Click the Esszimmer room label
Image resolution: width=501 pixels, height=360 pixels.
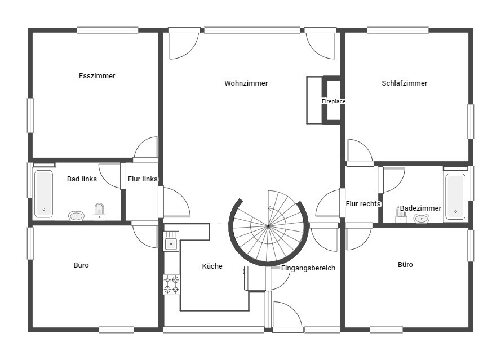pos(97,76)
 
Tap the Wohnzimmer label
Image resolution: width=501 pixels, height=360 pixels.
pos(246,83)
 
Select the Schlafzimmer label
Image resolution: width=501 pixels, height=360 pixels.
pos(405,83)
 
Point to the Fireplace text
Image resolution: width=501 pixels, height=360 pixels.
pos(334,101)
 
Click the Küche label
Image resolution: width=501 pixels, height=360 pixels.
pos(212,266)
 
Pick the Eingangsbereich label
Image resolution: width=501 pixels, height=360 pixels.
pos(308,268)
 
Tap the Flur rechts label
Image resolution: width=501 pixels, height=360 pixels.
pos(363,204)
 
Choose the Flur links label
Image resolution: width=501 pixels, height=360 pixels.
pos(143,179)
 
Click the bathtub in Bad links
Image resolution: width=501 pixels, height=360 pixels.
pos(44,194)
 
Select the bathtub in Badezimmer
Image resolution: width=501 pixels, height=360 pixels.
pos(455,197)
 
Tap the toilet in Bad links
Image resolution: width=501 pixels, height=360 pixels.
pos(99,212)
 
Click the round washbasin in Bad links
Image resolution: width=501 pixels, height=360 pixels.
pos(77,216)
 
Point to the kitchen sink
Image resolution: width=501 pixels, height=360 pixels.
pos(171,242)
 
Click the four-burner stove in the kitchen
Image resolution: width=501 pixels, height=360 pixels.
pos(171,285)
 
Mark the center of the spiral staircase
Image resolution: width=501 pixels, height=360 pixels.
pos(268,226)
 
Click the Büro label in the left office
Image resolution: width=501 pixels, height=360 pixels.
pos(81,265)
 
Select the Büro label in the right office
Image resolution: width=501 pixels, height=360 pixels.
pos(405,264)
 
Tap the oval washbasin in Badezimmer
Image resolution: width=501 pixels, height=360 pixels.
pos(422,219)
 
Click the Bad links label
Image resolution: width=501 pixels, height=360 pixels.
pos(82,179)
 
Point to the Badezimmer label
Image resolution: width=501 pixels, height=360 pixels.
pos(420,208)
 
